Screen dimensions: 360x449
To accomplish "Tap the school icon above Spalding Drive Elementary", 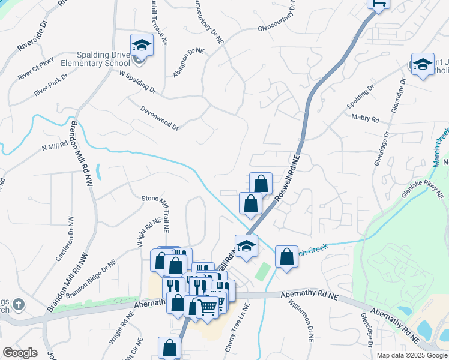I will point(142,45).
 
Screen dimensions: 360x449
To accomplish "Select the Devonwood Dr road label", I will point(160,118).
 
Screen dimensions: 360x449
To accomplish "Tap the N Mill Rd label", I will point(54,146).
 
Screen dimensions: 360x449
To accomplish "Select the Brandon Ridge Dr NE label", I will point(91,280).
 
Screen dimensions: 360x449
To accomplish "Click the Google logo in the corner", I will point(20,353).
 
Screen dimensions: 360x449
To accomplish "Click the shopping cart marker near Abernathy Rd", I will point(208,307).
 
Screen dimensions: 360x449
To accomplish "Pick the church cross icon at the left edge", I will point(19,305).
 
